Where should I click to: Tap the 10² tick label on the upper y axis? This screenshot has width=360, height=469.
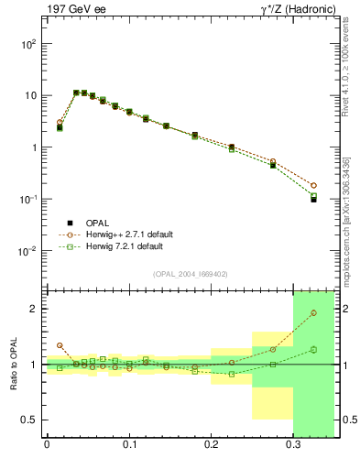coord(27,44)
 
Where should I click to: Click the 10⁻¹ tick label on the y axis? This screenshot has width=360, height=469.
coord(27,199)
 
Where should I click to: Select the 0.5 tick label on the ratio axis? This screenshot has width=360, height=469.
coord(29,420)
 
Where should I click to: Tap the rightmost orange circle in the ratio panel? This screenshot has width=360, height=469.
coord(313,313)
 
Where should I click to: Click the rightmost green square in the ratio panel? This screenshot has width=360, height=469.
coord(313,349)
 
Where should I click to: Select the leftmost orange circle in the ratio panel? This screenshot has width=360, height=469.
coord(60,345)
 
